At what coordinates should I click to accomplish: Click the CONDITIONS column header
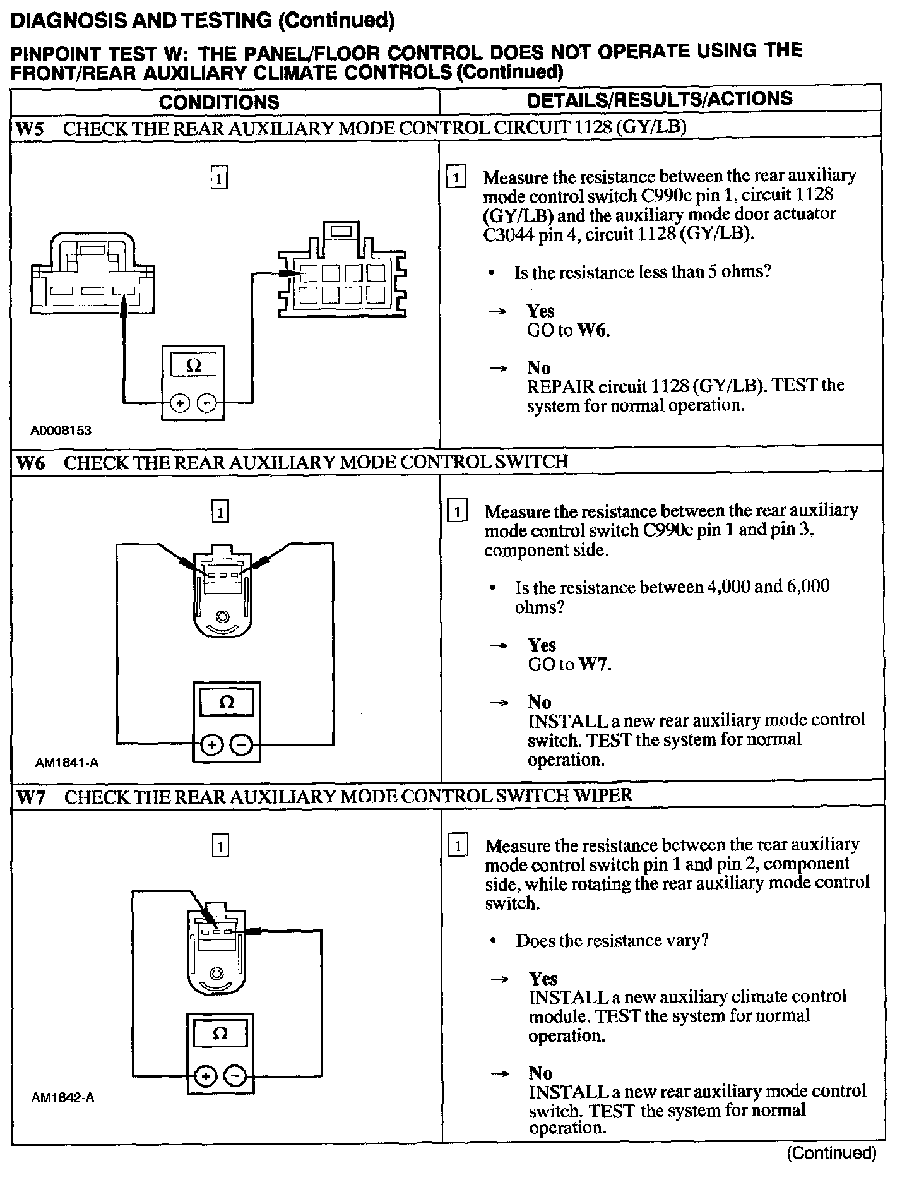pos(218,102)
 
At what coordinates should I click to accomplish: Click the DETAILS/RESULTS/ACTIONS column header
pos(660,99)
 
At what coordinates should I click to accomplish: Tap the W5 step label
pos(30,129)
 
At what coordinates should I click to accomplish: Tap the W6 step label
pos(30,463)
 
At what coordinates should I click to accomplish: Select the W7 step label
pos(30,797)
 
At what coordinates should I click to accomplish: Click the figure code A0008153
pos(61,431)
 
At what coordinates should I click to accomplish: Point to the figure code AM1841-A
pos(66,763)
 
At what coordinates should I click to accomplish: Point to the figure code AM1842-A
pos(62,1097)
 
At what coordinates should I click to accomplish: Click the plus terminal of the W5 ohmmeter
pos(180,403)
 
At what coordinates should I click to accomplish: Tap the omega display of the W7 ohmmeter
pos(220,1034)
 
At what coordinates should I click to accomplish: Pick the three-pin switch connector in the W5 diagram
pos(93,275)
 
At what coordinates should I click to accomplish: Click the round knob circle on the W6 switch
pos(222,616)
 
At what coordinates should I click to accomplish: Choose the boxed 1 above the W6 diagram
pos(220,511)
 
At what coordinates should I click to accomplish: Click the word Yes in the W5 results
pos(540,311)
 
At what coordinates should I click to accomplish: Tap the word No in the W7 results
pos(541,1073)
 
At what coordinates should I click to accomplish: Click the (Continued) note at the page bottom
pos(831,1153)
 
